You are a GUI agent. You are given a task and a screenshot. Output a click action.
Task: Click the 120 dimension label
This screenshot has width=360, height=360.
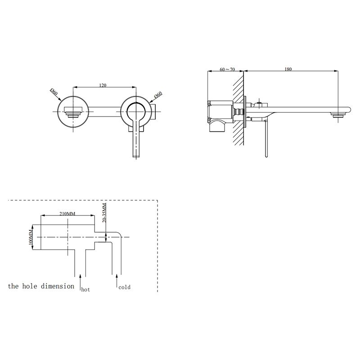103,85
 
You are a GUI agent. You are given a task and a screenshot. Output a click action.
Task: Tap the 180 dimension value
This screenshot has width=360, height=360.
288,69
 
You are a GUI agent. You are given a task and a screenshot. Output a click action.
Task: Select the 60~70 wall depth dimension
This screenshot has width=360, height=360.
227,69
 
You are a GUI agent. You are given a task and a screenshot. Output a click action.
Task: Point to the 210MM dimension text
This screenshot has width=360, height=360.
67,213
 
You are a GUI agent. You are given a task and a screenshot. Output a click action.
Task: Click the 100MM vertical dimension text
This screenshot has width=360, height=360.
31,237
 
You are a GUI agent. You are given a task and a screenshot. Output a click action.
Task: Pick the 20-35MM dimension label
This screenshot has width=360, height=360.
104,212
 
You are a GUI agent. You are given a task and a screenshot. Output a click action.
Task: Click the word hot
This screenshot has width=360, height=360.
85,289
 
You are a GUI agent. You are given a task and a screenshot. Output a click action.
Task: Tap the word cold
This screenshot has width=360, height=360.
125,287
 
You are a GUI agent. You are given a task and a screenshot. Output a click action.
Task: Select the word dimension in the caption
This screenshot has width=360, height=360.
58,286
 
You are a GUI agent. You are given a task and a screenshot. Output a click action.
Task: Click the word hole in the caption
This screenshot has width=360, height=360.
30,286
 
